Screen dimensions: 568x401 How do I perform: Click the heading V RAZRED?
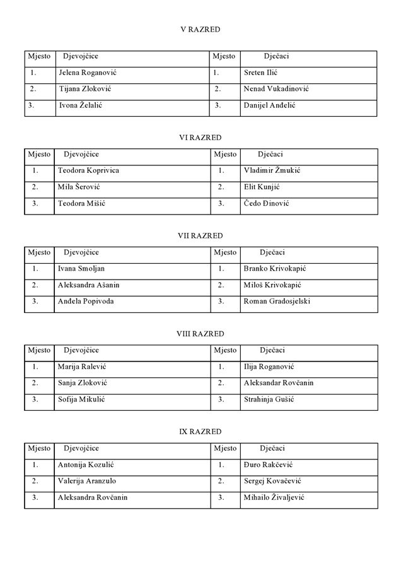coord(200,29)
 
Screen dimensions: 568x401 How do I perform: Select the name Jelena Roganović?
coord(88,73)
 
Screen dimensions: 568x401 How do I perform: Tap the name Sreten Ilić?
coord(261,73)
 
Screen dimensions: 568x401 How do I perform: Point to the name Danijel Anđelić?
coord(269,105)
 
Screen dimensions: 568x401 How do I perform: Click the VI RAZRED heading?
coord(200,137)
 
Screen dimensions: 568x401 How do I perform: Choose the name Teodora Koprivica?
coord(88,170)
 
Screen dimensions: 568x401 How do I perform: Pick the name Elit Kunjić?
coord(262,187)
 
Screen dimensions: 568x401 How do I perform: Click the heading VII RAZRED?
coord(200,235)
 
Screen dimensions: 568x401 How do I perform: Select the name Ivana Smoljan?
coord(81,268)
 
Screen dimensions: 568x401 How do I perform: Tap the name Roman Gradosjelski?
coord(277,301)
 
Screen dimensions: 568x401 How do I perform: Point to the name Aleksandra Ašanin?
coord(88,285)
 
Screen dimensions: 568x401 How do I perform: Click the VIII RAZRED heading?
coord(200,333)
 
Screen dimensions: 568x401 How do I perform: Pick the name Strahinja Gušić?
coord(269,399)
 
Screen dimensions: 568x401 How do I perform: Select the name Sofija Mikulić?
coord(81,399)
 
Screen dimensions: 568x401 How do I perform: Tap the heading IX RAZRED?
coord(200,432)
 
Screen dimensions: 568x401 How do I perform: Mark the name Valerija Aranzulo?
coord(87,481)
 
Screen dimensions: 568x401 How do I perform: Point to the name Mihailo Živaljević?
coord(274,497)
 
